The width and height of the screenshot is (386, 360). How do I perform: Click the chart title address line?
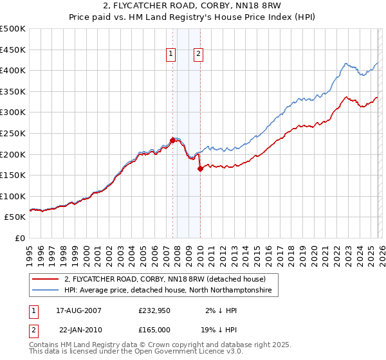pos(193,6)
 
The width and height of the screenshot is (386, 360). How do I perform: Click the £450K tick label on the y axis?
pos(13,50)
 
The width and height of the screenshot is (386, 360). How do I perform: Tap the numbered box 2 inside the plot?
pos(198,55)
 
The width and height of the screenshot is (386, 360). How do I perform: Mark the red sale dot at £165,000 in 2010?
pos(200,169)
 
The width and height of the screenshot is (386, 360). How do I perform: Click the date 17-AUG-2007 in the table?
pos(78,310)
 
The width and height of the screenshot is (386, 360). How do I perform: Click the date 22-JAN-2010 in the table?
pos(78,328)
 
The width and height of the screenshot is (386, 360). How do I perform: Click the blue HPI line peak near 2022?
pos(346,64)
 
